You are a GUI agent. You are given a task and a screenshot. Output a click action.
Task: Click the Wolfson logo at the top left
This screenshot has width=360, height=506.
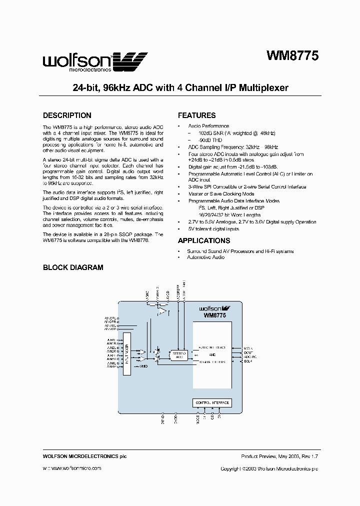pyautogui.click(x=95, y=62)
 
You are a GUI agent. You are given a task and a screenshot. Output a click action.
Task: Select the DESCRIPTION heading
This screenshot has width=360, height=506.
pyautogui.click(x=67, y=115)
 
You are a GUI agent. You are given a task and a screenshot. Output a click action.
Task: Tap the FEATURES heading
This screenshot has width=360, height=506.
pyautogui.click(x=197, y=115)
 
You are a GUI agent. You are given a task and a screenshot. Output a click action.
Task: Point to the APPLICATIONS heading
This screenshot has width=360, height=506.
pyautogui.click(x=204, y=240)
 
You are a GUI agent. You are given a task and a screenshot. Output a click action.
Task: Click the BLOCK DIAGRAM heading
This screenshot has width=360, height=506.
pyautogui.click(x=73, y=267)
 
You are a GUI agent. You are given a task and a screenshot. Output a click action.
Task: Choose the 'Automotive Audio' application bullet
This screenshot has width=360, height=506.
pyautogui.click(x=205, y=257)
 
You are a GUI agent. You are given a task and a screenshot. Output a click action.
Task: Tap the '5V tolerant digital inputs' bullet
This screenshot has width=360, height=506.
pyautogui.click(x=213, y=229)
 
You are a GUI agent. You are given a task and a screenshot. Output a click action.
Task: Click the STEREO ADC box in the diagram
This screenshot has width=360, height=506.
pyautogui.click(x=178, y=355)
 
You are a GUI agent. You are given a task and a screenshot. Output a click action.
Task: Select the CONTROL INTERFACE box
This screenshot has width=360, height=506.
pyautogui.click(x=212, y=402)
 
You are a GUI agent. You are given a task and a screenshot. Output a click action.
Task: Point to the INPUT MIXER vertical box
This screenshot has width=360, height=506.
pyautogui.click(x=126, y=355)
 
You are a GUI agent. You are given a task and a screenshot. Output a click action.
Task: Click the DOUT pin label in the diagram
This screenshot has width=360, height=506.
pyautogui.click(x=247, y=352)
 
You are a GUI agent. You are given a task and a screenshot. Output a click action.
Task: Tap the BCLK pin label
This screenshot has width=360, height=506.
pyautogui.click(x=248, y=362)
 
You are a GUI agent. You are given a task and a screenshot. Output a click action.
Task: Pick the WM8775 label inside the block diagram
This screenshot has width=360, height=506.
pyautogui.click(x=214, y=316)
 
